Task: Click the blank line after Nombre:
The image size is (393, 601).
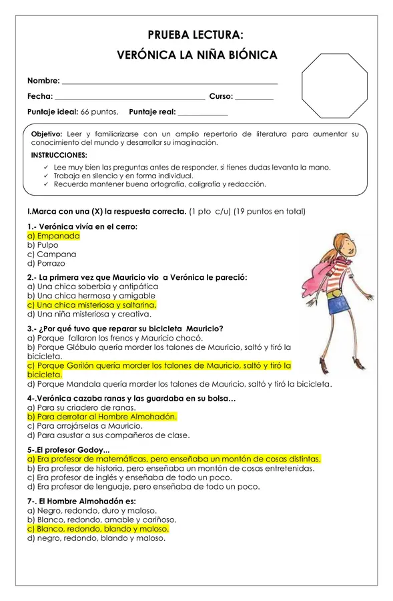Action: [169, 81]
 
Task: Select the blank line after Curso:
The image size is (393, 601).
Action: [254, 97]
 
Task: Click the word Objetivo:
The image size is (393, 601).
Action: [47, 134]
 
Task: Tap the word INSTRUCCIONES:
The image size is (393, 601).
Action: [59, 155]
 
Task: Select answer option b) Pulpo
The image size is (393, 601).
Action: [43, 245]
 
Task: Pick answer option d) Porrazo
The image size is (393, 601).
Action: [46, 264]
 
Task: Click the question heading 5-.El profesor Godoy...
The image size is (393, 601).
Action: [69, 449]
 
